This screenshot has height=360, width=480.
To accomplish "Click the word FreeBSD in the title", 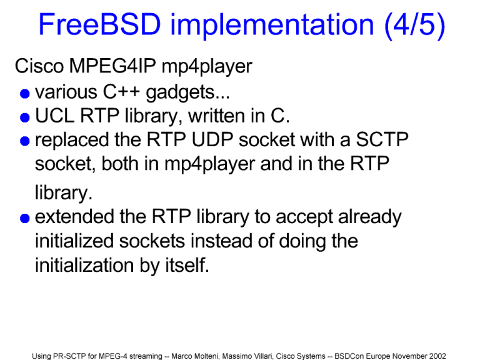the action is [99, 24].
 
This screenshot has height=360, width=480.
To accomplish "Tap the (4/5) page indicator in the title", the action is [414, 26].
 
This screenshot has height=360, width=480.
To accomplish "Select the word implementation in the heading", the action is [272, 26].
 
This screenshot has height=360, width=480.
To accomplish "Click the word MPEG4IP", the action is [112, 66].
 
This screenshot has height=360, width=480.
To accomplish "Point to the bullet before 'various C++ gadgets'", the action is [25, 94].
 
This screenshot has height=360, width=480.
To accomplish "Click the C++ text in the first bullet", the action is [121, 92].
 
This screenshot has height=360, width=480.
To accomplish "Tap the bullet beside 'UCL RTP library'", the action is [25, 117].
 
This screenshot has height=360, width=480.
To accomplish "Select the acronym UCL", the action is [55, 116].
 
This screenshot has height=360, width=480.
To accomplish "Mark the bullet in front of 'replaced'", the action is [25, 141].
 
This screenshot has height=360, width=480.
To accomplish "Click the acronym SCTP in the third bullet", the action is [382, 140].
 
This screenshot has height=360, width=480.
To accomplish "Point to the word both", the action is [120, 164].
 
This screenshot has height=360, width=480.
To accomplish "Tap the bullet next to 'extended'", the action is [25, 218].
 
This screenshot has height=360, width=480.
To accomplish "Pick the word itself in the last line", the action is [187, 265].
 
